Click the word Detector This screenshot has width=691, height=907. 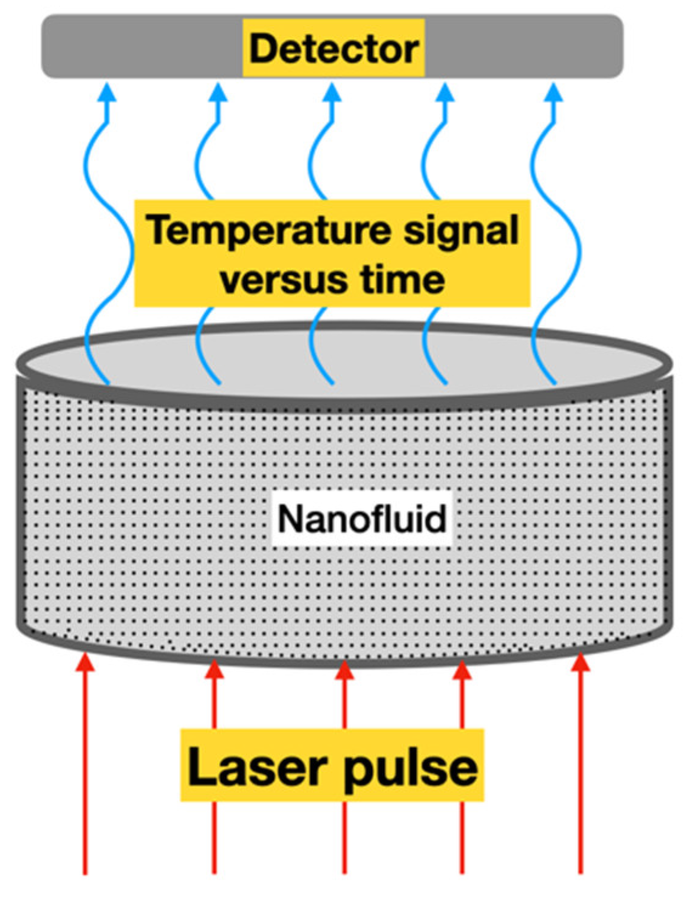pyautogui.click(x=333, y=49)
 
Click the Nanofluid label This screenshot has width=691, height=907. pyautogui.click(x=362, y=519)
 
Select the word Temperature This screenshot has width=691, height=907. pyautogui.click(x=270, y=231)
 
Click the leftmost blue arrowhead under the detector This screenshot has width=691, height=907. pyautogui.click(x=107, y=93)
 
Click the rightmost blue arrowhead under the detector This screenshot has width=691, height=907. pyautogui.click(x=553, y=93)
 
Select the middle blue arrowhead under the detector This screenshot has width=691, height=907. pyautogui.click(x=332, y=93)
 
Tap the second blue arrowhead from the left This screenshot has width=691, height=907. pyautogui.click(x=218, y=93)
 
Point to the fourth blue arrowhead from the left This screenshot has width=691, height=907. pyautogui.click(x=446, y=93)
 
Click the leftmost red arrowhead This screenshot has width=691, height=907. pyautogui.click(x=85, y=662)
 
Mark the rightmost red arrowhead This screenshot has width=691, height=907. pyautogui.click(x=580, y=662)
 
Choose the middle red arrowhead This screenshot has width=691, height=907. pyautogui.click(x=344, y=670)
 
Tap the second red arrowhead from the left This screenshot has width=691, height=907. pyautogui.click(x=214, y=669)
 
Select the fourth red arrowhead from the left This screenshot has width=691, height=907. pyautogui.click(x=462, y=670)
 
